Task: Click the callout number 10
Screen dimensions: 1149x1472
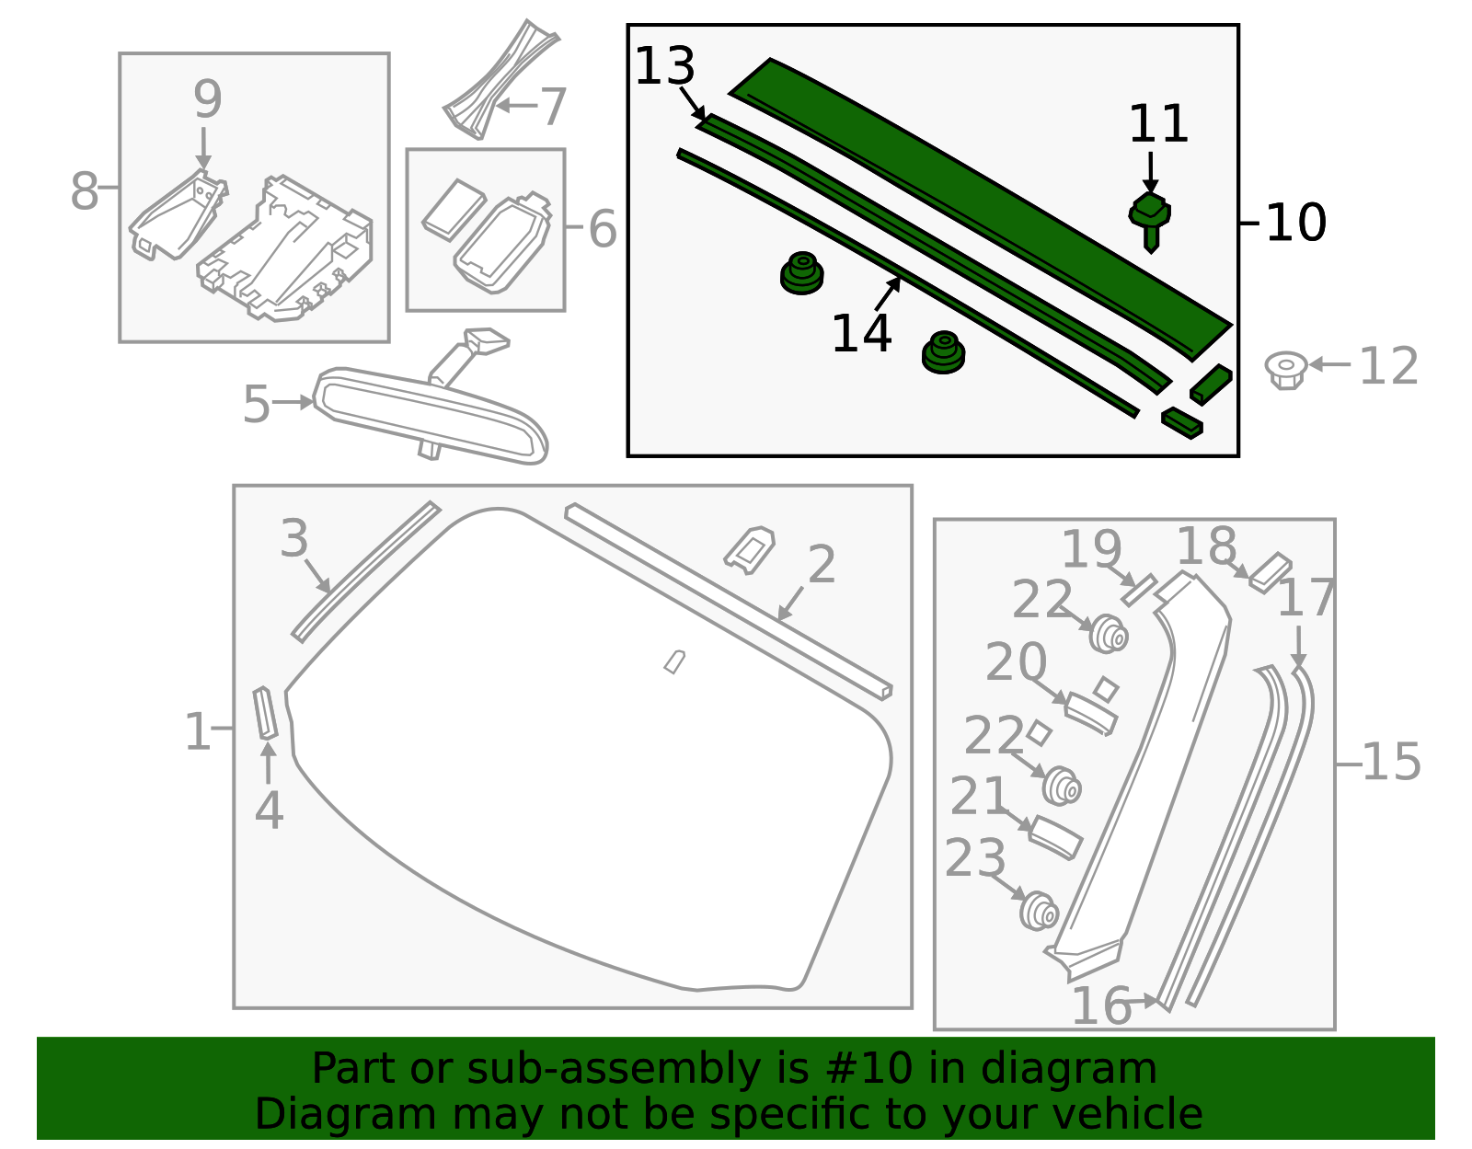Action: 1295,223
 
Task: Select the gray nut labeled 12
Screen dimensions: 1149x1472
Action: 1285,368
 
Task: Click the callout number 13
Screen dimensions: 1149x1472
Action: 665,66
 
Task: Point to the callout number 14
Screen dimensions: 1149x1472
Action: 861,333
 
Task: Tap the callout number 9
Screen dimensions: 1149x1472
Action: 207,98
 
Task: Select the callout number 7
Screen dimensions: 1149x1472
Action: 553,108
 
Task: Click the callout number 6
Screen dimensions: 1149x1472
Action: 602,229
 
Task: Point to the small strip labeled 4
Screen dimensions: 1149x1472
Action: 265,713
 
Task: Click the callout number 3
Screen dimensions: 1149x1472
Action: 294,538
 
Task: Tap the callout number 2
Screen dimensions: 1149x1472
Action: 821,564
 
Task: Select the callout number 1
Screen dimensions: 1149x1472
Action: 197,732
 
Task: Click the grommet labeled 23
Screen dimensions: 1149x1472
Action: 1040,910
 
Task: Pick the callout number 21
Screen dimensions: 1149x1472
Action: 980,796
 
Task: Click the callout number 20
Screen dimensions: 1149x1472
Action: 1016,661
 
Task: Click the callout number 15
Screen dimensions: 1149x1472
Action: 1391,762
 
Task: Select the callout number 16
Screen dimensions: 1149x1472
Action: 1101,1005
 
